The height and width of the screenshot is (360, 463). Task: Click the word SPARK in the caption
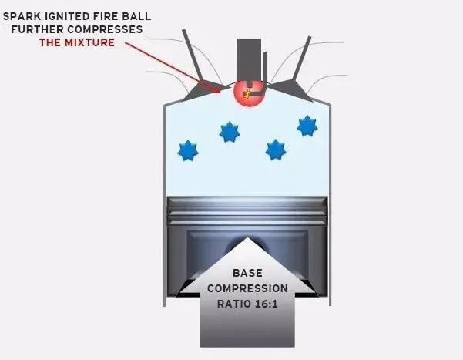(22, 16)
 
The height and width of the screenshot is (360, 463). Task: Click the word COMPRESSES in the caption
(105, 29)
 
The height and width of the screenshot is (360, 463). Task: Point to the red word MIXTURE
(90, 42)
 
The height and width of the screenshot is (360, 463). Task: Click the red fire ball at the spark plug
(249, 93)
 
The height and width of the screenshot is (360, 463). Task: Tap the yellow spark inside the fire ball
(246, 94)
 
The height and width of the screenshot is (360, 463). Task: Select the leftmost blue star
(188, 151)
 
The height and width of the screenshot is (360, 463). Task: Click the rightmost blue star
(307, 126)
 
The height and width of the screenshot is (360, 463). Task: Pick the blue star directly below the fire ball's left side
(230, 132)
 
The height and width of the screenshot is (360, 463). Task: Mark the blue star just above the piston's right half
(275, 150)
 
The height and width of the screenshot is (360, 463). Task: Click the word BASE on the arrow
(247, 273)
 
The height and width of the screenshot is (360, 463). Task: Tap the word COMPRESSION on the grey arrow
(247, 288)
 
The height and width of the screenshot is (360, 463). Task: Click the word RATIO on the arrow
(233, 304)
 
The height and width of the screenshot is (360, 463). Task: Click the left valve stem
(192, 55)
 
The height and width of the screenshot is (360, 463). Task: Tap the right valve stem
(301, 59)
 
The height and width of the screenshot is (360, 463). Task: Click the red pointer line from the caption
(173, 67)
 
